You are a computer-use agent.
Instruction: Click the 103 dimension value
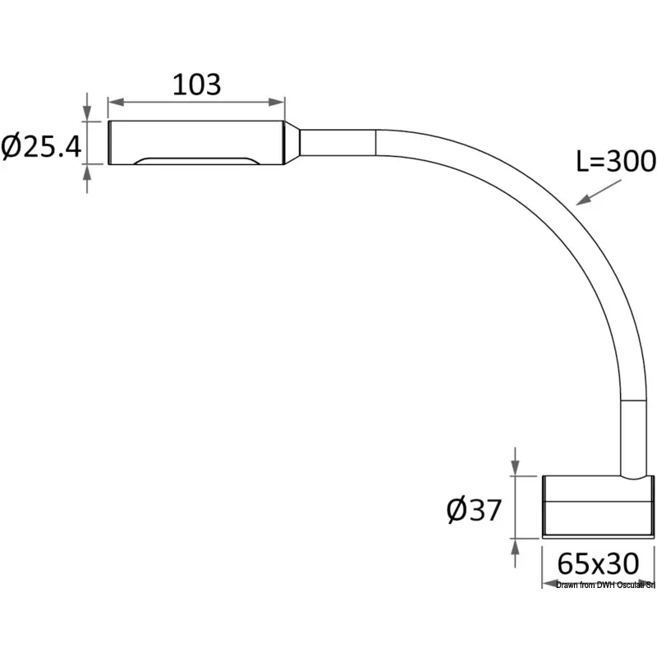196,85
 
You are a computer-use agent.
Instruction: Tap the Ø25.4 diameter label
41,146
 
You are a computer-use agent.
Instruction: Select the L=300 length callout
616,161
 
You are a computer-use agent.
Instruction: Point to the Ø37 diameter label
474,509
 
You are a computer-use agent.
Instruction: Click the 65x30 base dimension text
598,563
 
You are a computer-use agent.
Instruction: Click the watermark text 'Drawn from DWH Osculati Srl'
605,585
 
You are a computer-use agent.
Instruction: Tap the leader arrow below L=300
599,192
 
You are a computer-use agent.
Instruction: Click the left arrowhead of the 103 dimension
116,102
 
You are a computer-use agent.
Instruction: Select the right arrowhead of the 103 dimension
277,102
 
